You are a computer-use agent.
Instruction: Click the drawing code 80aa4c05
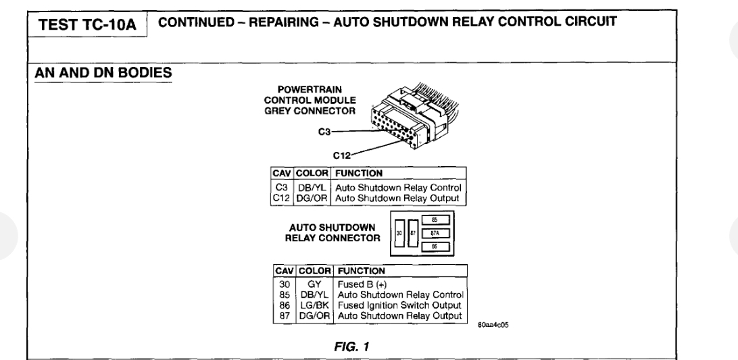click(494, 324)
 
